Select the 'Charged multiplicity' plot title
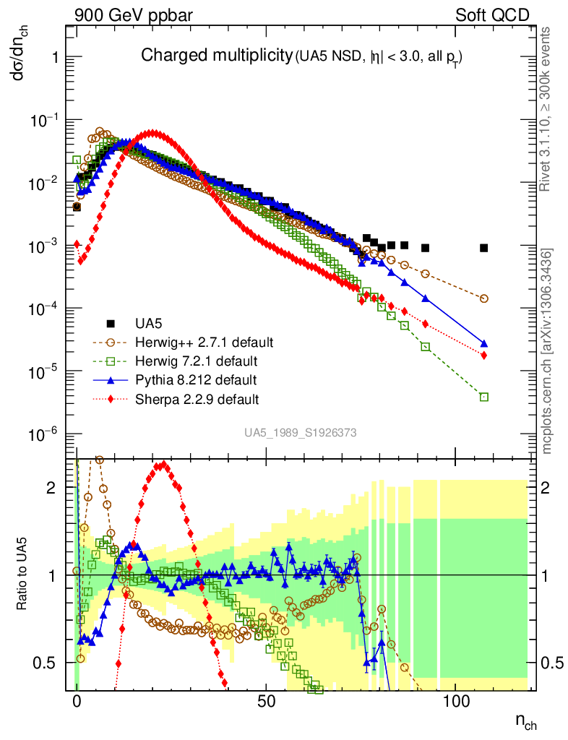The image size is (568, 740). tap(216, 56)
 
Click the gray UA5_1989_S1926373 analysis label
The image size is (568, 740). tap(300, 433)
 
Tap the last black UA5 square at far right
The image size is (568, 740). tap(483, 248)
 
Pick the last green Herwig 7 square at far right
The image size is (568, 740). tap(483, 397)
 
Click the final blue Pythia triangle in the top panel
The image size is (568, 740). tap(483, 344)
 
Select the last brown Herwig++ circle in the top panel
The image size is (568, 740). tap(483, 298)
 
